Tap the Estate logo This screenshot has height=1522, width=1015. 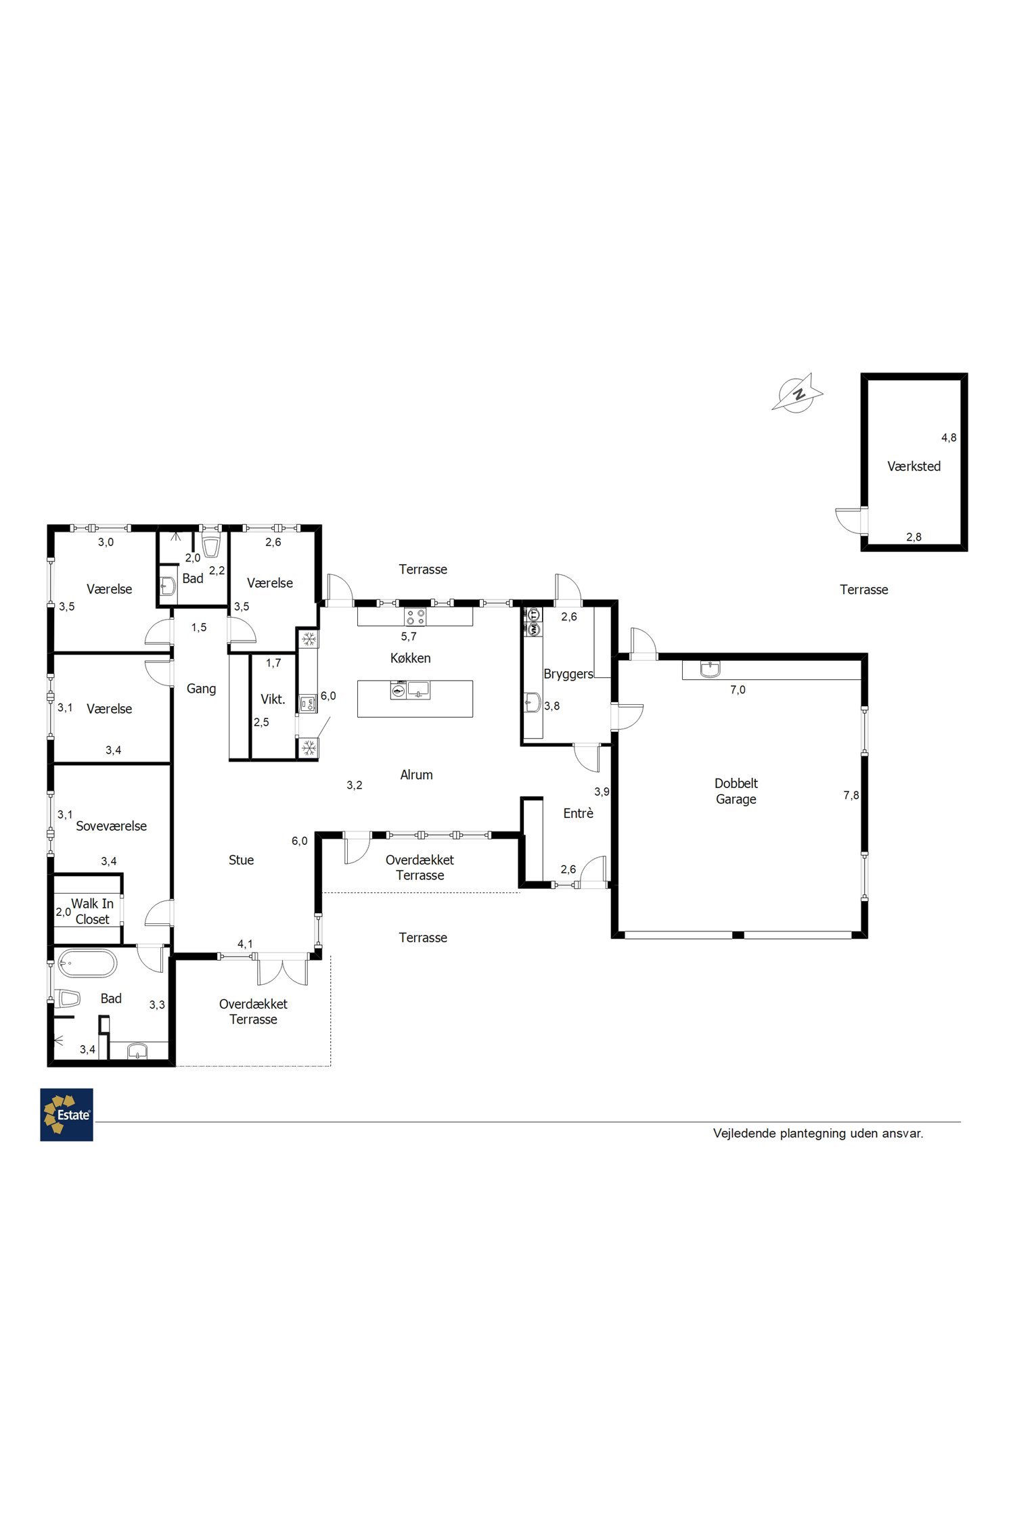coord(66,1115)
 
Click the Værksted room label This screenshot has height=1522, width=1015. coord(913,466)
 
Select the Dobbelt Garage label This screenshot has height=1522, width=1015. coord(736,791)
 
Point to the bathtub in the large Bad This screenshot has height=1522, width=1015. coord(87,963)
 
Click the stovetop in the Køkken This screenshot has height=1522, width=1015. coord(415,617)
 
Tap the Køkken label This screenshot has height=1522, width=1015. coord(410,658)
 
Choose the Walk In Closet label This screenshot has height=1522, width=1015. coord(93,911)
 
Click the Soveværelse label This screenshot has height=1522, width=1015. coord(111,826)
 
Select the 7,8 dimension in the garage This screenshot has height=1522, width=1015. coord(851,795)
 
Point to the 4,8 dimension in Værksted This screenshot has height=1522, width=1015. coord(949,438)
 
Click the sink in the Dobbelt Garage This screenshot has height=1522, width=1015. coord(710,669)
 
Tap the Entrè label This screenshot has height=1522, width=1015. coord(578,814)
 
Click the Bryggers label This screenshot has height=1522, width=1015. coord(568,674)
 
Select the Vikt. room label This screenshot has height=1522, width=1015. coord(273,699)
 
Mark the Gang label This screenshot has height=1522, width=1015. coord(201,689)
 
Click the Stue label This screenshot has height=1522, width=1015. coord(241,860)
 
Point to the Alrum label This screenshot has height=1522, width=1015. coord(416,775)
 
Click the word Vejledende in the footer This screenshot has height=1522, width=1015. coord(744,1133)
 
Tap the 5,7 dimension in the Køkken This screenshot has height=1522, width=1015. coord(409,637)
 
